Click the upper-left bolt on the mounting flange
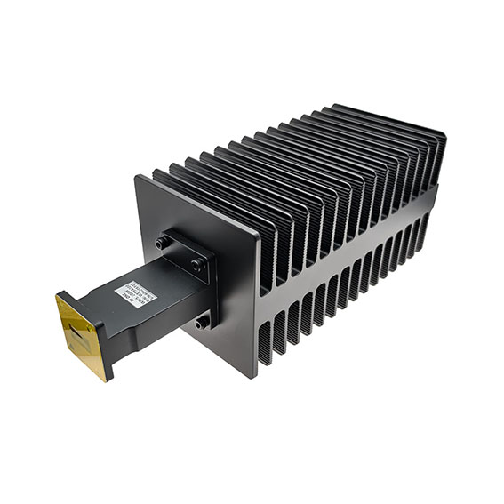[x=163, y=242]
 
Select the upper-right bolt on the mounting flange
[x=196, y=265]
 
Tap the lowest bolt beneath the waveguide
[x=203, y=323]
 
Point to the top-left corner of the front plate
[x=136, y=177]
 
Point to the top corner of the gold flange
[x=60, y=295]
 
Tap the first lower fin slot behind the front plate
[x=265, y=343]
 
